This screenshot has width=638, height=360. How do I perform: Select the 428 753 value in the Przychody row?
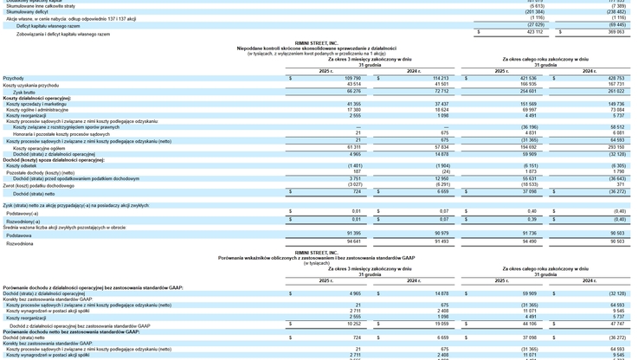tap(614, 78)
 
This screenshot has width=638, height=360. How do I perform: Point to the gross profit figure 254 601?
tap(525, 91)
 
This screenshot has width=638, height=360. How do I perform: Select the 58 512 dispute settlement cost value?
tap(615, 127)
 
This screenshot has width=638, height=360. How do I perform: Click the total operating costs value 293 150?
tap(614, 147)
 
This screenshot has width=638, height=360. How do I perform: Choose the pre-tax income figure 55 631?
tap(527, 179)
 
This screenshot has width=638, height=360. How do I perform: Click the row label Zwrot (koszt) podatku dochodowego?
tap(38, 185)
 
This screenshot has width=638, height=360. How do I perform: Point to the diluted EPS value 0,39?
tap(531, 220)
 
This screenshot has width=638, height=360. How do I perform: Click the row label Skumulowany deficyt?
tap(27, 12)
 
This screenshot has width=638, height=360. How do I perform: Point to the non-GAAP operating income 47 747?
tap(614, 325)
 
